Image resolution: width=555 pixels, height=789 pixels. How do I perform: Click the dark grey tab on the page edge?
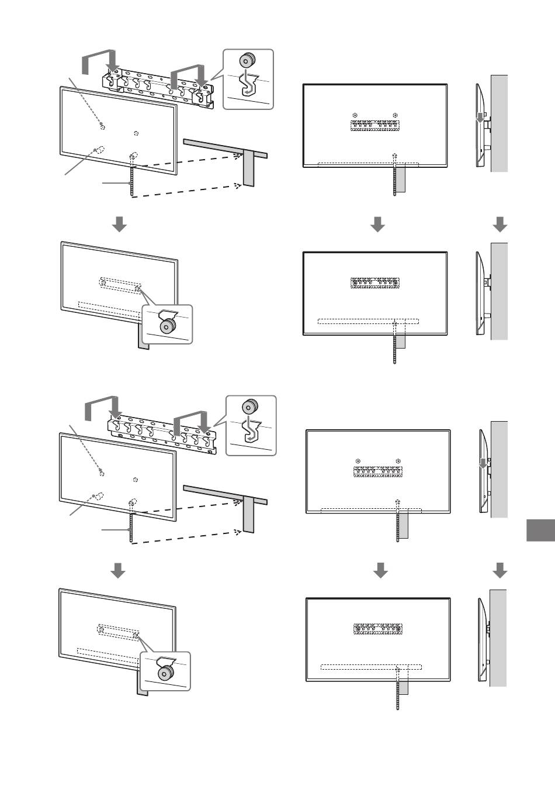pyautogui.click(x=540, y=530)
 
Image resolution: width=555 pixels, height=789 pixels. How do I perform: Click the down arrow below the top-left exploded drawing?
pyautogui.click(x=119, y=224)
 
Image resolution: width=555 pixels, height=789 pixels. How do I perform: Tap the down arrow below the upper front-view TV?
pyautogui.click(x=378, y=224)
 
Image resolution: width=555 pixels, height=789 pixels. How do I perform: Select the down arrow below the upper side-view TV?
pyautogui.click(x=500, y=224)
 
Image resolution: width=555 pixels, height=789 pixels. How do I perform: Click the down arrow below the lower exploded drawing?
pyautogui.click(x=119, y=570)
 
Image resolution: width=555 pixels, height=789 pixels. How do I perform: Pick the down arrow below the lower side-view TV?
pyautogui.click(x=500, y=570)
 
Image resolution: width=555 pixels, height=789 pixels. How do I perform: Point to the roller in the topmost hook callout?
pyautogui.click(x=248, y=60)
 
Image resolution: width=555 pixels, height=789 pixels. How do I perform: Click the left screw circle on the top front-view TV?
pyautogui.click(x=355, y=115)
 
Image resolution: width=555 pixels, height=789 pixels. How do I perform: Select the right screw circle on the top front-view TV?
pyautogui.click(x=396, y=115)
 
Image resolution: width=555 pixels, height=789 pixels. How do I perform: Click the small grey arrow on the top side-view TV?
pyautogui.click(x=480, y=119)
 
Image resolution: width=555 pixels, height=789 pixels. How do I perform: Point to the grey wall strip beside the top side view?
pyautogui.click(x=500, y=123)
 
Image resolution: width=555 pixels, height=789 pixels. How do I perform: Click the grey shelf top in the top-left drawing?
pyautogui.click(x=225, y=147)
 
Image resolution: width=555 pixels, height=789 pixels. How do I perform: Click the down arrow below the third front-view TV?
pyautogui.click(x=380, y=570)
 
